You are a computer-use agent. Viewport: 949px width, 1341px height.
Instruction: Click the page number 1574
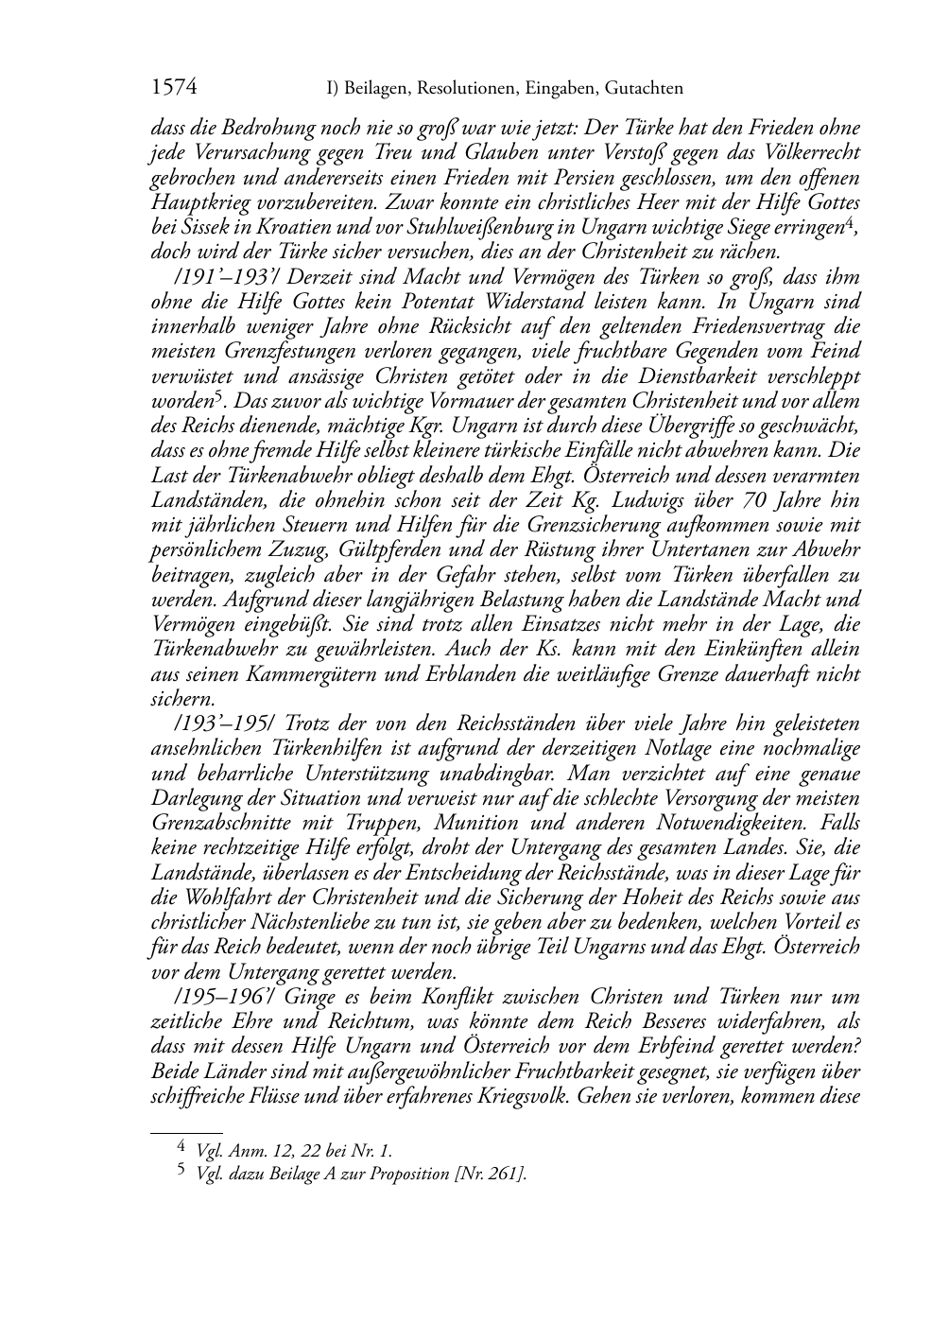coord(173,89)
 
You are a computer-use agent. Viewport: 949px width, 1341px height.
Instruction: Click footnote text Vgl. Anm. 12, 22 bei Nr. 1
coord(293,1152)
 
